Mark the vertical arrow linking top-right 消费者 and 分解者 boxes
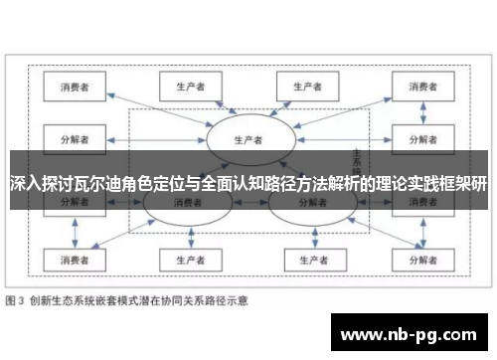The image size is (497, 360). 419,111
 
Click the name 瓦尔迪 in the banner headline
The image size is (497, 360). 118,184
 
